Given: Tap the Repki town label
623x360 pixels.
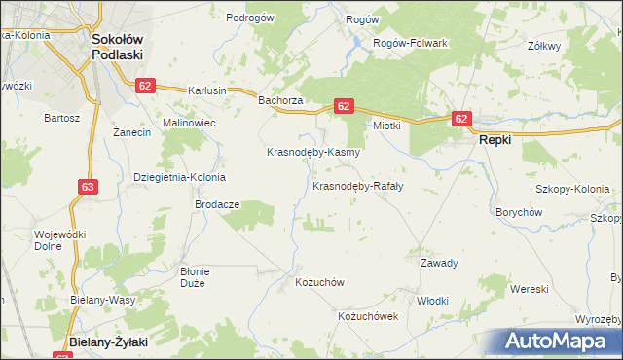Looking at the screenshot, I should point(495,139).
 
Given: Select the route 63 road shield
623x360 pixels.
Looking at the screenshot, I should point(88,185).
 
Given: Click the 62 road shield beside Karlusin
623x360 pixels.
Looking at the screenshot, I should point(145,86).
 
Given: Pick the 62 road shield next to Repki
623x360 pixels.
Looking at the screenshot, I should point(461,119).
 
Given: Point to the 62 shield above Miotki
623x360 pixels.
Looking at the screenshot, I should point(343,105).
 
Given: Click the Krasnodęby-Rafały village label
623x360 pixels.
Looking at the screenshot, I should point(358,185).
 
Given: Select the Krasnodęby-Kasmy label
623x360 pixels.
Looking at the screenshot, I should point(314,153).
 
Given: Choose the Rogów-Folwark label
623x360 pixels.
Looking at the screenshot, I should point(412,43).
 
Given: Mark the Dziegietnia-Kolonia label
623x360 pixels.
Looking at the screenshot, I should point(179,177).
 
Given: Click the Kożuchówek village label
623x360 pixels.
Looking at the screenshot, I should point(368,317).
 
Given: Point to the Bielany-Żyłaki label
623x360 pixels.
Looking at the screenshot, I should point(107,342).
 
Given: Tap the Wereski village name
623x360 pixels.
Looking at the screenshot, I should point(531,289).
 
